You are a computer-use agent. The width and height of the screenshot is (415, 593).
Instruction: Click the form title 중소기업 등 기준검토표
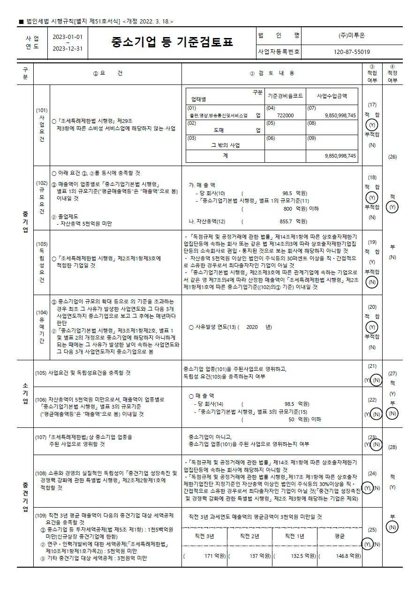point(172,43)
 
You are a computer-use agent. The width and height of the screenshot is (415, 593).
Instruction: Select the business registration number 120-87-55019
point(352,52)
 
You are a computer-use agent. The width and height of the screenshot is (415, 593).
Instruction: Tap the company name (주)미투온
point(352,35)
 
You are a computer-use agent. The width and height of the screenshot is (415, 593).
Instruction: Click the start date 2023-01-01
point(68,37)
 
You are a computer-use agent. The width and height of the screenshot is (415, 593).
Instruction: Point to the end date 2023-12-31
point(68,48)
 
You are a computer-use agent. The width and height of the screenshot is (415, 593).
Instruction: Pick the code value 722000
point(285,115)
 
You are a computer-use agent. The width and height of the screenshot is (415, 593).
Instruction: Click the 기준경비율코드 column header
point(285,96)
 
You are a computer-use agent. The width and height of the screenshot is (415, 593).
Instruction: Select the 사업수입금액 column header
point(332,96)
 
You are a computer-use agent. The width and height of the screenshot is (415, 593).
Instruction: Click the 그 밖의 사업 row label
point(225,145)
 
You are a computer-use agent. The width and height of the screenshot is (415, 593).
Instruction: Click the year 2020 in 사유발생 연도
point(252,327)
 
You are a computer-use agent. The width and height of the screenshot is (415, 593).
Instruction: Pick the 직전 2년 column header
point(249,536)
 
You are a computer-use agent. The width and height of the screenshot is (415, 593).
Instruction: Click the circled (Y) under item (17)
point(372,125)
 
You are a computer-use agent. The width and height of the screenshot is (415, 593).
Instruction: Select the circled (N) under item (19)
point(372,282)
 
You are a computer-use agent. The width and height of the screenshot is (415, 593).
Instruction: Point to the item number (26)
point(392,157)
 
